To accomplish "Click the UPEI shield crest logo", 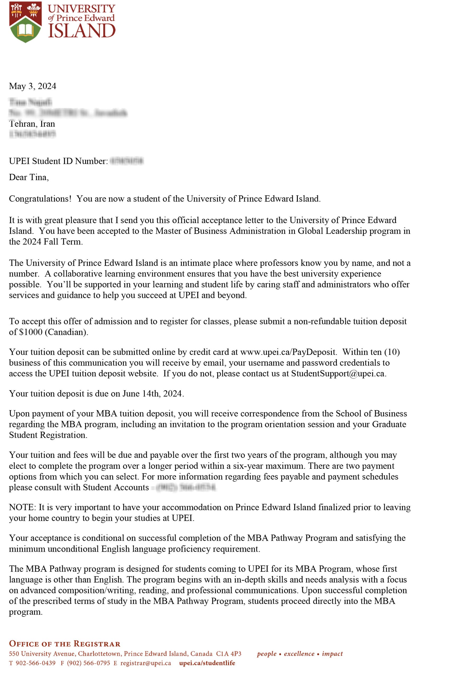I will [25, 22].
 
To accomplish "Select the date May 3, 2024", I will [33, 86].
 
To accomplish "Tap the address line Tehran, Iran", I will [32, 124].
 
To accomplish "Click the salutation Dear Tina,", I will [29, 177].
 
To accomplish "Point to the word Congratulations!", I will [40, 199].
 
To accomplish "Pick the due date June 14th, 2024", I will [152, 394].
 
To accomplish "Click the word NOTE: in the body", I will [22, 508].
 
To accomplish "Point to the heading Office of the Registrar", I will [65, 644].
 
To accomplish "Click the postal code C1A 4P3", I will [229, 654].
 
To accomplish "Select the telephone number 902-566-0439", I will [35, 663].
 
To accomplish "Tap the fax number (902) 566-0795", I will [89, 663].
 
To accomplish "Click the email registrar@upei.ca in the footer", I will [146, 663].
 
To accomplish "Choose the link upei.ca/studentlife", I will [207, 663].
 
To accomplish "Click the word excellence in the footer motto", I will [299, 654].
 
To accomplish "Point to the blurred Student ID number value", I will [126, 161].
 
